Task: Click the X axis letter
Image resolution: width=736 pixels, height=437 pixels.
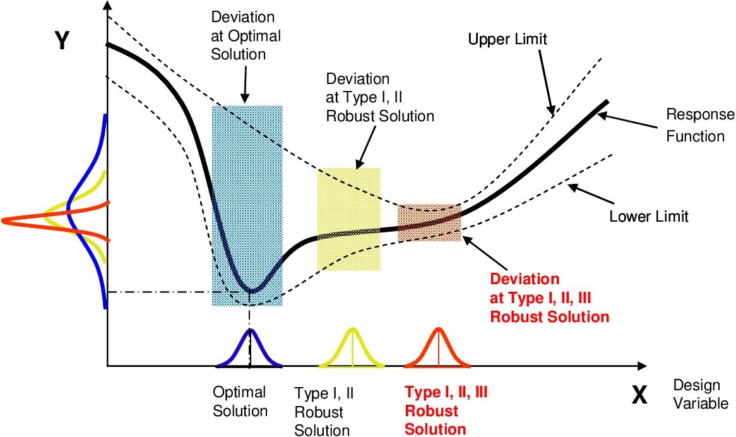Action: click(639, 395)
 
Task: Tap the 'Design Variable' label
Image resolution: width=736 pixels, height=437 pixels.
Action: click(700, 394)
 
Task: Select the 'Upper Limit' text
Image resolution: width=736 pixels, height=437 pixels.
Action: click(507, 40)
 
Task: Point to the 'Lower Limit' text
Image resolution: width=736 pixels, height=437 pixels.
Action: click(648, 217)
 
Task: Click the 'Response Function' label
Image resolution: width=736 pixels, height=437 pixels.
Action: click(700, 125)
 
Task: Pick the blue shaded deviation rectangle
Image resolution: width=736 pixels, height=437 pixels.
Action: click(247, 189)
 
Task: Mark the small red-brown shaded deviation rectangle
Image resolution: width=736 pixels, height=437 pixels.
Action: click(429, 222)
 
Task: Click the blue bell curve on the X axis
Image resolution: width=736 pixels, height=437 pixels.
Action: click(250, 350)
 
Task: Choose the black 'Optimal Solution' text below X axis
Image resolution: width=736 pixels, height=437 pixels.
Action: click(240, 402)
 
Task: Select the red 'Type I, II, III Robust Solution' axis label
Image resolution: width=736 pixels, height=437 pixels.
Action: click(446, 410)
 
